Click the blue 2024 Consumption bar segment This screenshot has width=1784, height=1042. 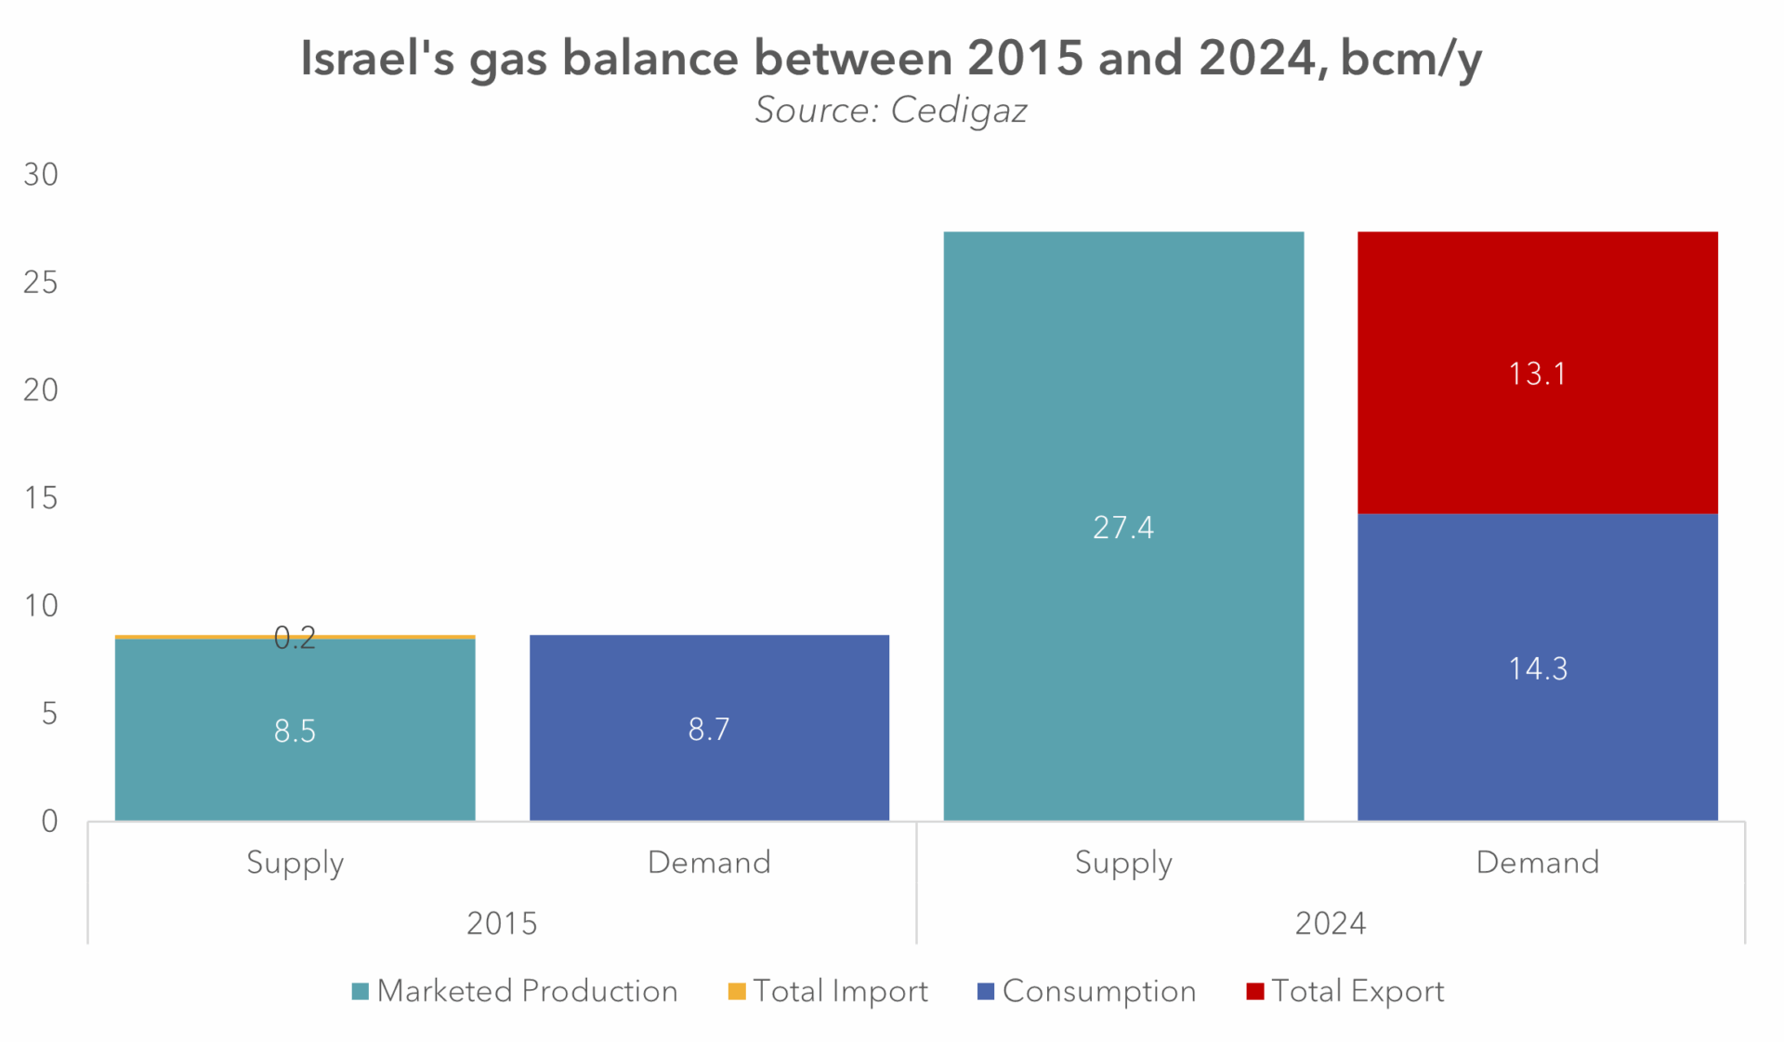(x=1537, y=744)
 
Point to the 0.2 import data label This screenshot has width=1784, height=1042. (x=295, y=638)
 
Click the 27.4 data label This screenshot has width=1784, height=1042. (x=1123, y=528)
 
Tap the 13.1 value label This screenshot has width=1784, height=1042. (x=1537, y=374)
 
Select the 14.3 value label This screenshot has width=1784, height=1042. (x=1537, y=668)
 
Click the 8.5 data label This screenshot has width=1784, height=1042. (x=295, y=732)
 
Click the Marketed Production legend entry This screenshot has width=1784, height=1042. (x=515, y=992)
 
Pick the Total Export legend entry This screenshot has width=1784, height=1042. (x=1345, y=992)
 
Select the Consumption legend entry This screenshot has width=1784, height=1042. (x=1086, y=992)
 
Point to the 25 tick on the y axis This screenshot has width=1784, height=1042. (x=41, y=283)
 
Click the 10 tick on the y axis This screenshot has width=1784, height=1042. (x=41, y=606)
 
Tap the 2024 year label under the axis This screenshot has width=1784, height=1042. (x=1330, y=923)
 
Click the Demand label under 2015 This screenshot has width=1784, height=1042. (x=709, y=863)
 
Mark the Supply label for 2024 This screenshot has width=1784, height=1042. (x=1123, y=863)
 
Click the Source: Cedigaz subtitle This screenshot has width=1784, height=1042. (x=890, y=111)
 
